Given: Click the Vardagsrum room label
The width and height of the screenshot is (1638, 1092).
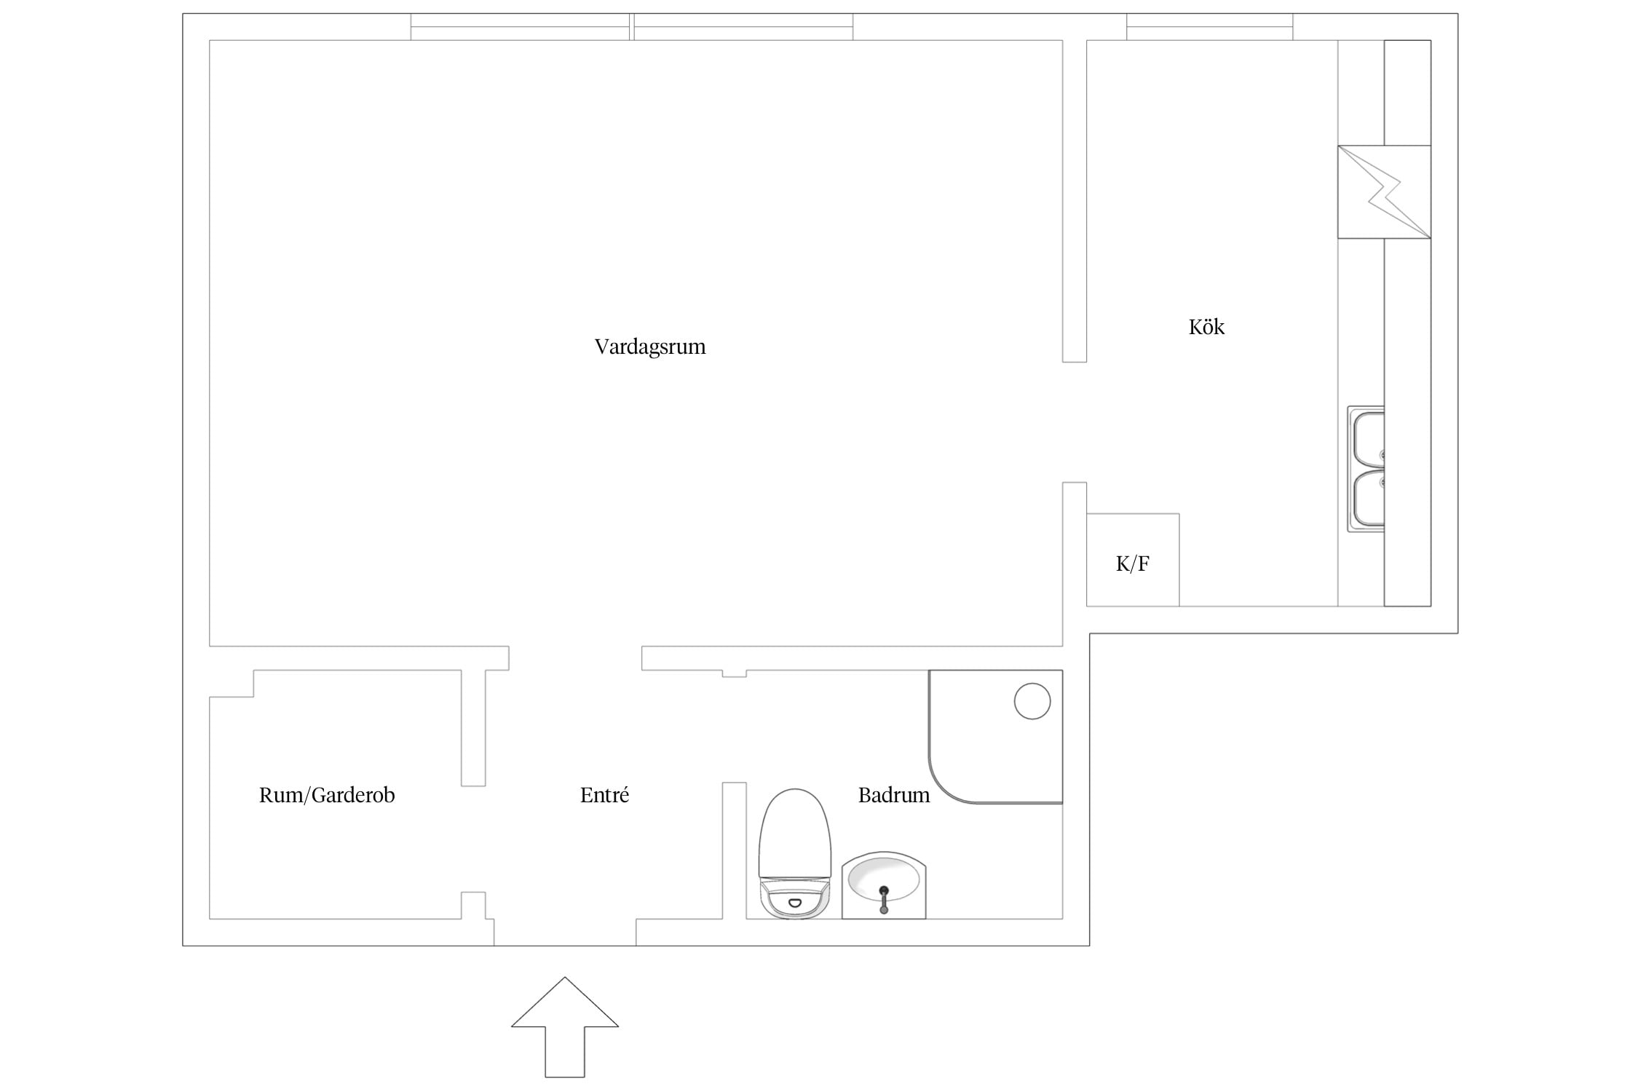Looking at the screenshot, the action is (x=650, y=347).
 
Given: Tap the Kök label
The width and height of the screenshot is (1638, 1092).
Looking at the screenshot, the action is (x=1206, y=327).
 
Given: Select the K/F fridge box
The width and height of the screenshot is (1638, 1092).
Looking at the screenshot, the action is (x=1133, y=560).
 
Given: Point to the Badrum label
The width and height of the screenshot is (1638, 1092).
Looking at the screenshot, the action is (x=894, y=795).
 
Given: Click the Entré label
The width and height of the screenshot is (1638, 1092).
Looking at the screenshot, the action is (x=604, y=795).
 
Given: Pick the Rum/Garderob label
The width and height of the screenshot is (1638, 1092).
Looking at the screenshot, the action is (x=327, y=795).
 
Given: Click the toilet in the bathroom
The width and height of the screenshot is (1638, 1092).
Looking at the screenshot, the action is (x=794, y=853).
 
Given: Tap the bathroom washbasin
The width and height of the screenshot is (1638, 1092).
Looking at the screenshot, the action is (x=884, y=885).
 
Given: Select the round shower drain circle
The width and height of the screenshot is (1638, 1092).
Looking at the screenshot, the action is (x=1032, y=702).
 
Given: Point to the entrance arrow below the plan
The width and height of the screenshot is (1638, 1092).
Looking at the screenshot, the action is (x=565, y=1027).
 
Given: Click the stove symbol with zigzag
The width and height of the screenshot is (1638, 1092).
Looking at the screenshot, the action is (x=1384, y=192).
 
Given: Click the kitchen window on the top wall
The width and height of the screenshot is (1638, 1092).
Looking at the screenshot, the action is (x=1210, y=27).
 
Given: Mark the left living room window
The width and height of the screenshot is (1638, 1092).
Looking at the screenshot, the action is (x=520, y=27).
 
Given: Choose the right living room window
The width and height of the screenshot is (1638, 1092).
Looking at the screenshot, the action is (x=743, y=27).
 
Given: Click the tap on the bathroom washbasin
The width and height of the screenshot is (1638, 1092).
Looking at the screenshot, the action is (x=884, y=899).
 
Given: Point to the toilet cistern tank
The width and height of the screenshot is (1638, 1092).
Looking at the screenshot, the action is (x=794, y=901).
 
